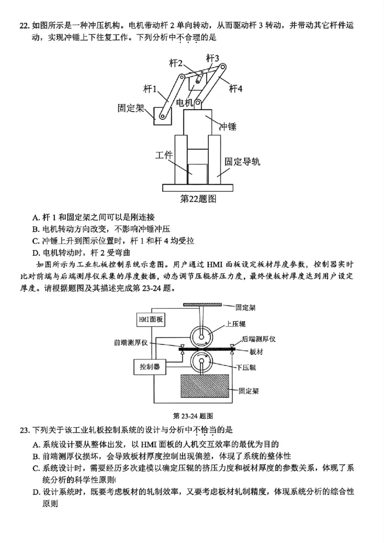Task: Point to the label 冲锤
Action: click(x=228, y=127)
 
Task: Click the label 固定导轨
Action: click(x=242, y=162)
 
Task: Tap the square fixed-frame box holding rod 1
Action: click(x=163, y=116)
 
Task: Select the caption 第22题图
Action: click(x=198, y=199)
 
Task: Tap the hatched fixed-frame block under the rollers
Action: click(x=204, y=391)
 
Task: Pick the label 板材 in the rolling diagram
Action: click(x=256, y=352)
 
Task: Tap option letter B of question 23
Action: click(x=36, y=456)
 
